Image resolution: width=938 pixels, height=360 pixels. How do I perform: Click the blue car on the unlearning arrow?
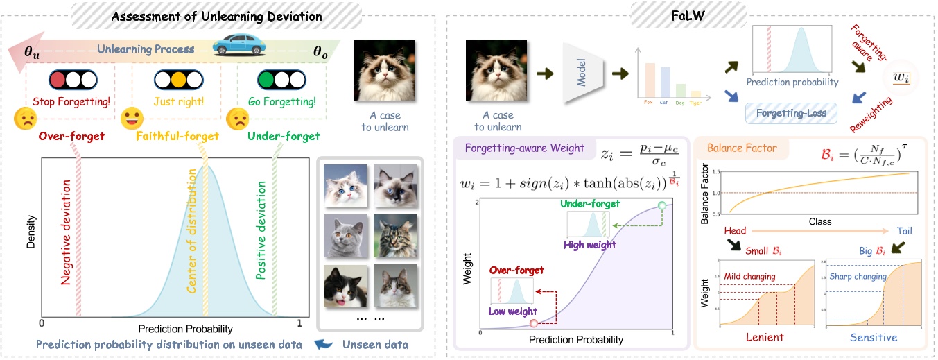pos(239,46)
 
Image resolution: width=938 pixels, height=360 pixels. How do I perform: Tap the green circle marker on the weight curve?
pos(661,205)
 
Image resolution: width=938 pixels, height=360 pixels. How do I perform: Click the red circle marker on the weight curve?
pos(533,323)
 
